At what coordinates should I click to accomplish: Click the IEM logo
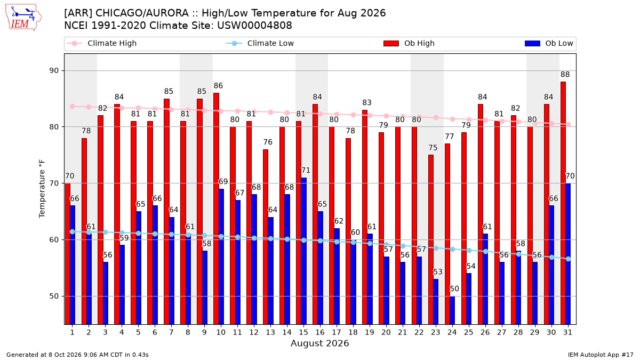23,18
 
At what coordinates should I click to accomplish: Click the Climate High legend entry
101,43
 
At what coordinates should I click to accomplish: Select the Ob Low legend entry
549,43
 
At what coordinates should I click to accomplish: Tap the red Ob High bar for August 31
563,203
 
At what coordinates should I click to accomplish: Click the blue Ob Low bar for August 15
303,251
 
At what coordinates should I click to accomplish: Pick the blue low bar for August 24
452,310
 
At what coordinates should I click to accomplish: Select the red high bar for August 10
217,209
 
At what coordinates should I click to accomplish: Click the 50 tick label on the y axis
54,297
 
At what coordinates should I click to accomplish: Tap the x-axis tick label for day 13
270,333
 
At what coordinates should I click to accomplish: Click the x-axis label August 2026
319,343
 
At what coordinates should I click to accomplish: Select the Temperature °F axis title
42,189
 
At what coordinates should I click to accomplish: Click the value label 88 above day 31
565,75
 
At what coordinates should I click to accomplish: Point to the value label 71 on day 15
306,171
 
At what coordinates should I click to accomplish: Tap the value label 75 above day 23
433,148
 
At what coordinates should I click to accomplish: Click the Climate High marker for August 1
73,106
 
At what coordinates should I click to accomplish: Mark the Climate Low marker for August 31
568,259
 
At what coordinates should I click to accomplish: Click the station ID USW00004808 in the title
254,26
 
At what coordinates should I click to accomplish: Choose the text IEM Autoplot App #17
601,355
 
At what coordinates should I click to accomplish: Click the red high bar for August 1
68,254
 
